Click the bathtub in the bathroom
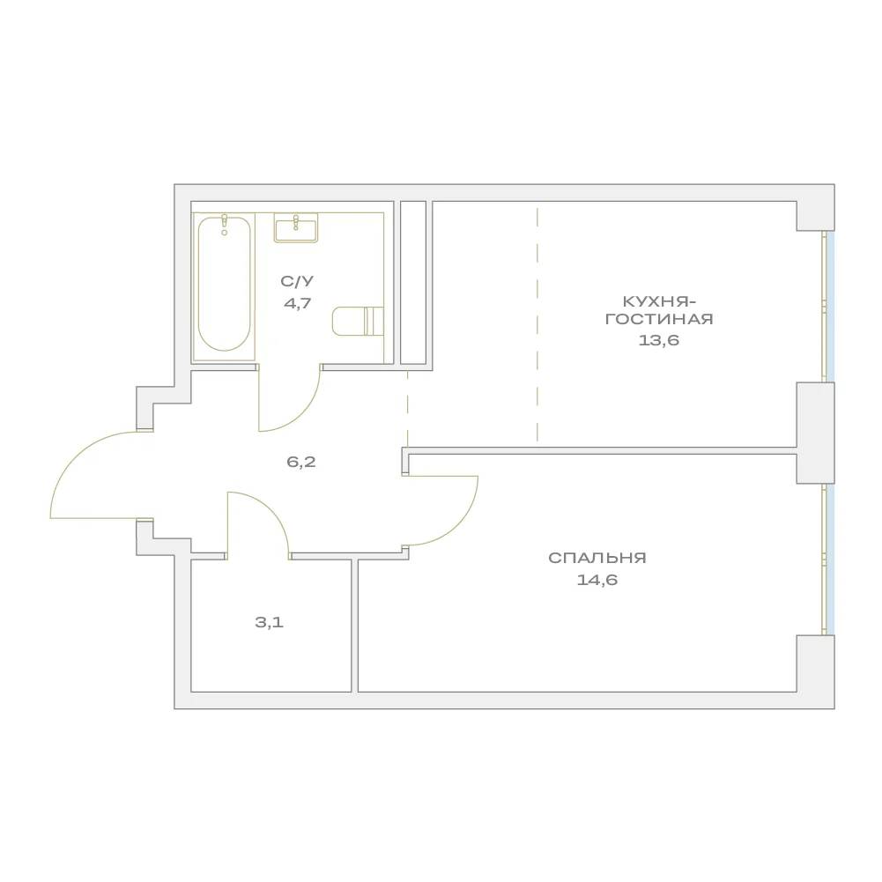[224, 285]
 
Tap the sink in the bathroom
[296, 228]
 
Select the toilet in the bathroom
[358, 322]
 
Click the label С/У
[297, 281]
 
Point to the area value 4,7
[297, 304]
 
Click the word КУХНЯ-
[659, 302]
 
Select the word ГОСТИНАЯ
[659, 320]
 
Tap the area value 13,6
[659, 340]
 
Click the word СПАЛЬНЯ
[597, 558]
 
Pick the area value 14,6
[597, 580]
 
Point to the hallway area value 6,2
[301, 463]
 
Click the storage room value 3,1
[269, 623]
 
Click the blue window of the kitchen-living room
[830, 307]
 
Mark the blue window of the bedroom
[830, 560]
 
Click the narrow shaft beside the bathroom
[413, 282]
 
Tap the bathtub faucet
[225, 224]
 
